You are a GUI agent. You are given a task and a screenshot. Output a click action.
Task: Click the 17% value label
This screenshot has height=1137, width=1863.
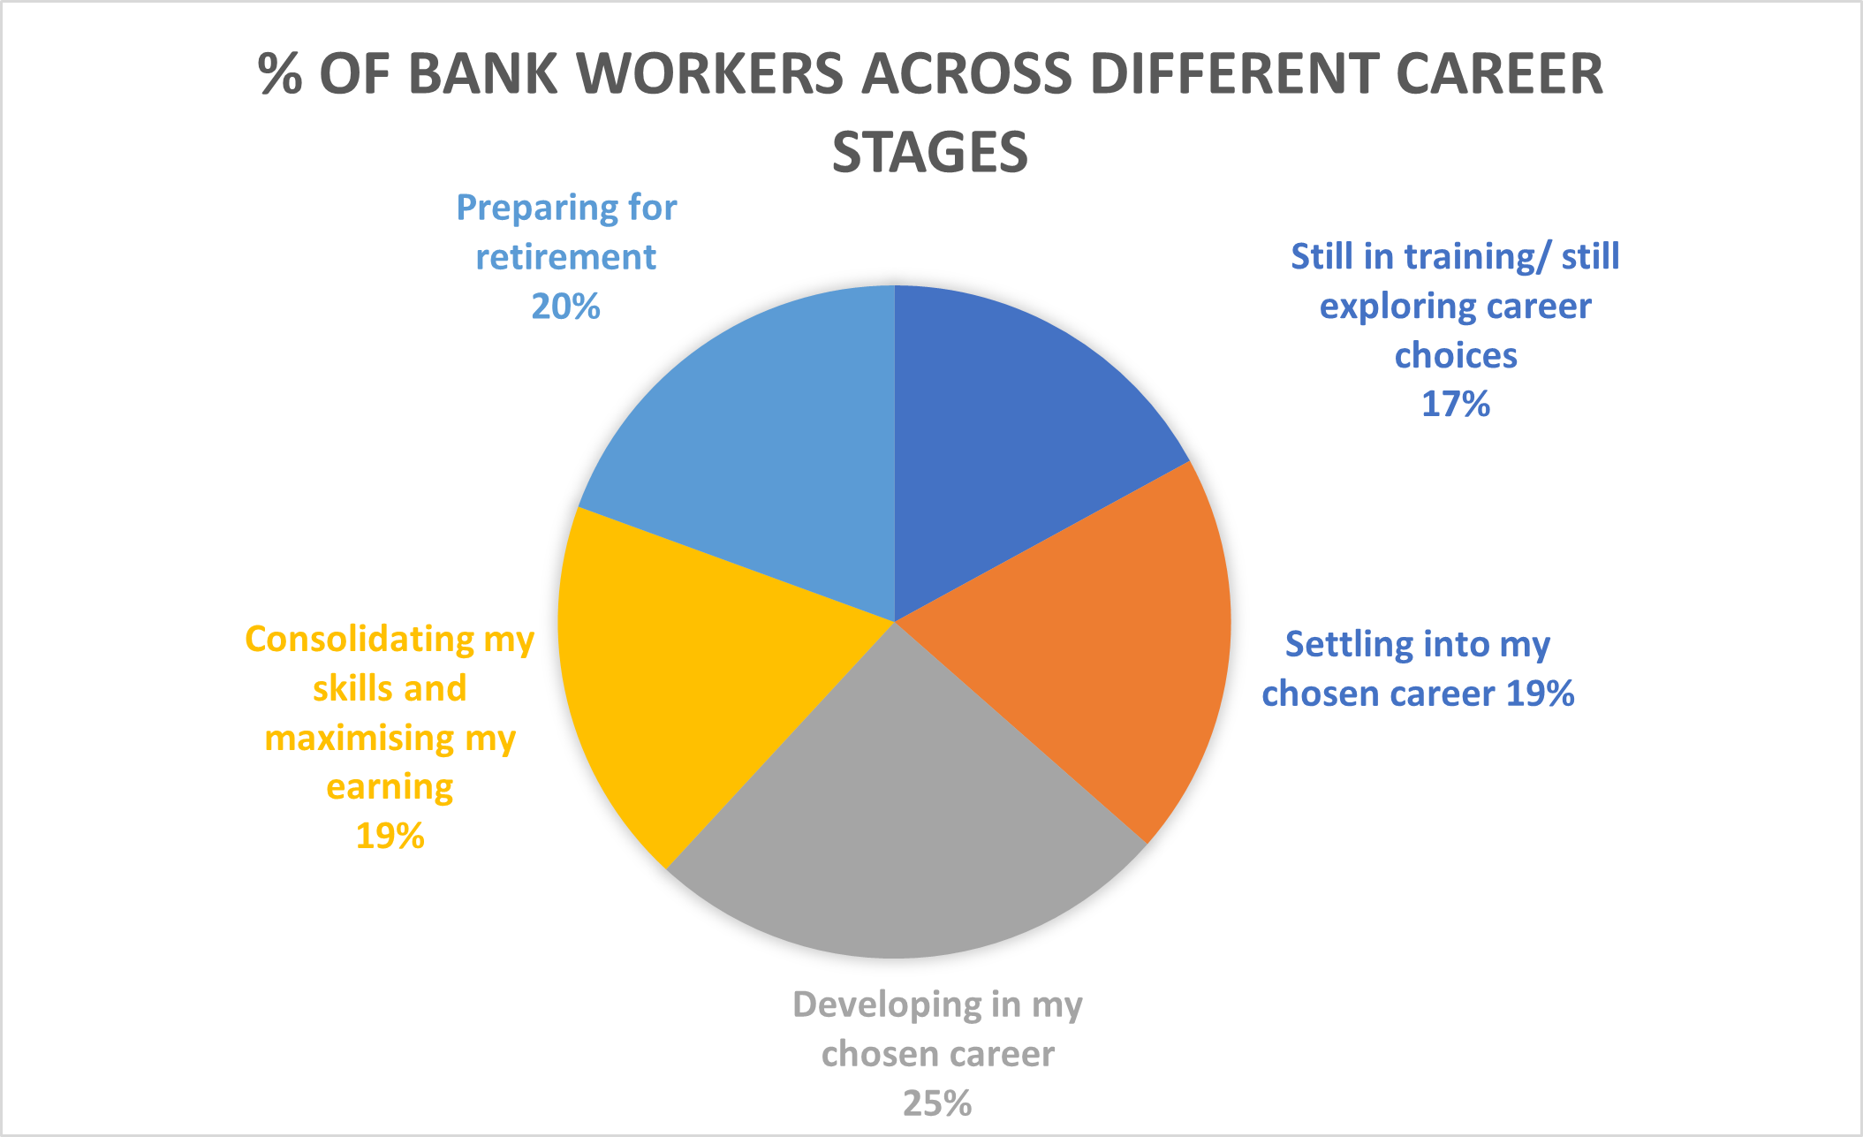point(1456,405)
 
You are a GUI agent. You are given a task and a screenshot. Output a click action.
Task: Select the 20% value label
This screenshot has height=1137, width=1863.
point(566,307)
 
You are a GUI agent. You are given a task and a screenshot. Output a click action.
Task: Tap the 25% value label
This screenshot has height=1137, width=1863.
point(937,1103)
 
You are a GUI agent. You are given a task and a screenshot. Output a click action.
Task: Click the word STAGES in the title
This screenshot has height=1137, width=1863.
point(930,152)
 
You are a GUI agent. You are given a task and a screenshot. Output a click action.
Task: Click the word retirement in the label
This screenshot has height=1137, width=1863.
point(566,257)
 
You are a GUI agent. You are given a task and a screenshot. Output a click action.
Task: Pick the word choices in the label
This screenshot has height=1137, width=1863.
point(1456,355)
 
